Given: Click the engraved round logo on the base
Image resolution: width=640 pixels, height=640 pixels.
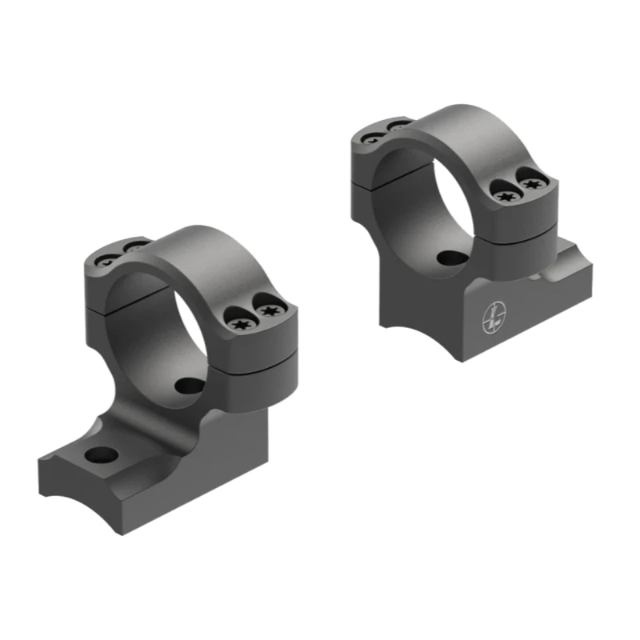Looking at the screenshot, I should pyautogui.click(x=491, y=321).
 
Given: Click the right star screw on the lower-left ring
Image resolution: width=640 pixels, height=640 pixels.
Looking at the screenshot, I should pyautogui.click(x=266, y=304).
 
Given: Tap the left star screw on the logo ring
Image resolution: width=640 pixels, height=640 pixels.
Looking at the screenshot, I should pyautogui.click(x=503, y=193).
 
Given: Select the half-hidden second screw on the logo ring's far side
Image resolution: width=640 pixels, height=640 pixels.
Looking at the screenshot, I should pyautogui.click(x=398, y=126).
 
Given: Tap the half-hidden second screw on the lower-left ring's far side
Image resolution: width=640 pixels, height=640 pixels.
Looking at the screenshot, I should pyautogui.click(x=137, y=246).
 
